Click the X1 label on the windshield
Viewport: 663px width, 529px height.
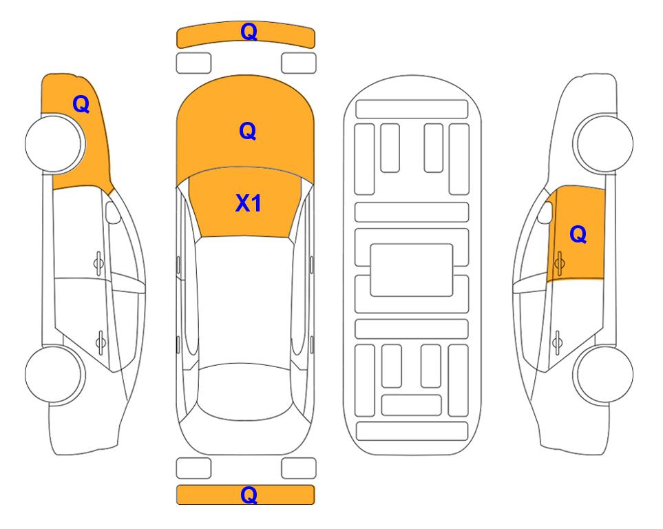249,203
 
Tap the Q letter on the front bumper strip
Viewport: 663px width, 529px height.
249,31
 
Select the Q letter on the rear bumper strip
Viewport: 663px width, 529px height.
249,495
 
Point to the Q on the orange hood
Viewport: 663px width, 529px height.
248,131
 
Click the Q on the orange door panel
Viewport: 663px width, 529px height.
578,234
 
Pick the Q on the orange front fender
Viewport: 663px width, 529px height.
81,104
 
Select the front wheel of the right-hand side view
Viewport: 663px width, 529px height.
603,143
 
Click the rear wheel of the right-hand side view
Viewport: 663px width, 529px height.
603,375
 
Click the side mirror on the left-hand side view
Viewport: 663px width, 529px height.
112,212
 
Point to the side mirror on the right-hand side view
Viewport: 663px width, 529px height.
545,212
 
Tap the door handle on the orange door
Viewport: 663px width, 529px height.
559,263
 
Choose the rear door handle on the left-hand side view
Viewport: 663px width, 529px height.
101,341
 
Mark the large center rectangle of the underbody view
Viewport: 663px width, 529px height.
412,270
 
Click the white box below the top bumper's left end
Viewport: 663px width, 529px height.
193,63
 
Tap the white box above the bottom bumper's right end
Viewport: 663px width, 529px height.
299,468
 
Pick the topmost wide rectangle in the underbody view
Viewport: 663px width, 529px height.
412,110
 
